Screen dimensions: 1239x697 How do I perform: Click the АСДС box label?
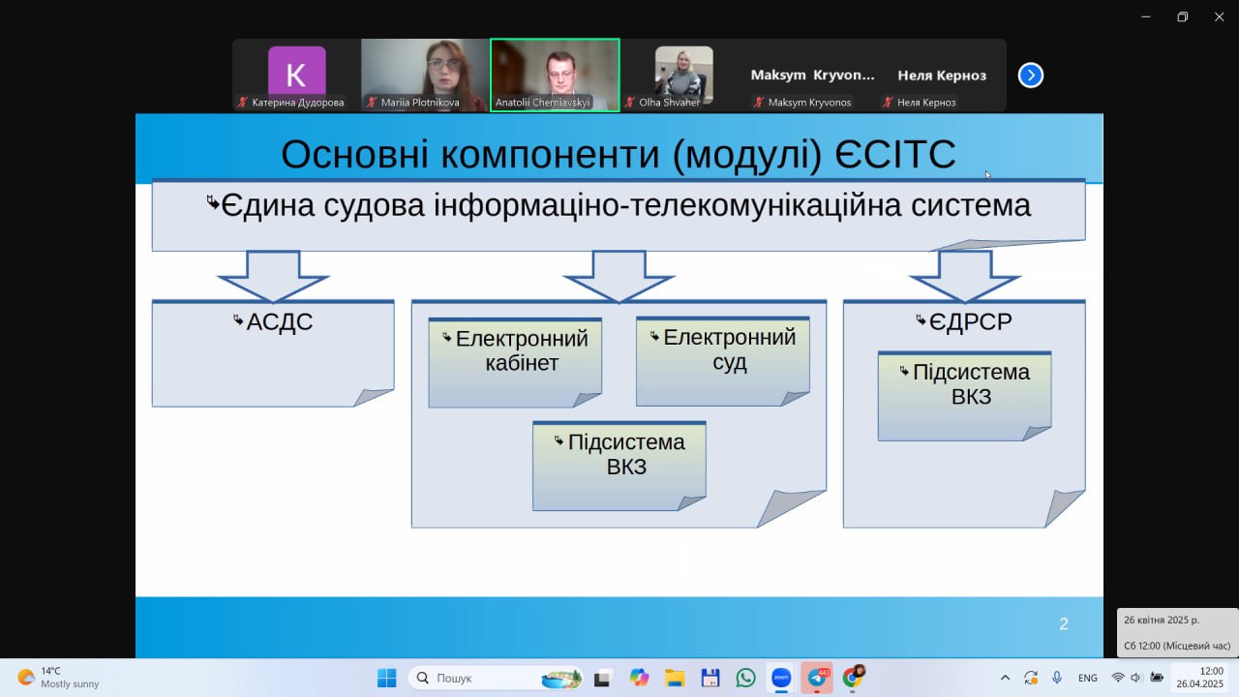pyautogui.click(x=280, y=321)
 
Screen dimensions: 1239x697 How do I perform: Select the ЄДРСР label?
pyautogui.click(x=971, y=321)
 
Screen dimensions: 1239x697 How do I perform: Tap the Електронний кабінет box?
pyautogui.click(x=515, y=363)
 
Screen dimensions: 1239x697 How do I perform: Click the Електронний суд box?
pyautogui.click(x=723, y=361)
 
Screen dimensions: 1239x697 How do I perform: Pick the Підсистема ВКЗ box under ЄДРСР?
pyautogui.click(x=965, y=396)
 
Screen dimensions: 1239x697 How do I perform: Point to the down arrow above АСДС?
pyautogui.click(x=273, y=276)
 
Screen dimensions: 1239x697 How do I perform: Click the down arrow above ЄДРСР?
pyautogui.click(x=965, y=276)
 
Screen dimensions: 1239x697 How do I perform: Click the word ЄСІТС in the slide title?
pyautogui.click(x=895, y=154)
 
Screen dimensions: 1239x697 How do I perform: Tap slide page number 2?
pyautogui.click(x=1063, y=624)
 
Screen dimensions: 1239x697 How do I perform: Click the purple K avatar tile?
pyautogui.click(x=297, y=73)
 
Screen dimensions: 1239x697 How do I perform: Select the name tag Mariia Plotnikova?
pyautogui.click(x=420, y=103)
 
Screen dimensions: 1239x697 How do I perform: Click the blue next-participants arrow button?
pyautogui.click(x=1031, y=76)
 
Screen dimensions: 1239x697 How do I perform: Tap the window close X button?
pyautogui.click(x=1219, y=17)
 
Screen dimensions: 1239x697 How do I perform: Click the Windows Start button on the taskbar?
pyautogui.click(x=386, y=678)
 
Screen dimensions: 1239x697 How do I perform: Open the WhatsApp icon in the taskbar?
pyautogui.click(x=745, y=678)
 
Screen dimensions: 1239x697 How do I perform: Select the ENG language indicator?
pyautogui.click(x=1087, y=678)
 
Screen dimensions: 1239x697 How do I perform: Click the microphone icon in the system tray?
pyautogui.click(x=1056, y=678)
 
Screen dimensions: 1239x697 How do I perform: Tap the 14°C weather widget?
pyautogui.click(x=58, y=678)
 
